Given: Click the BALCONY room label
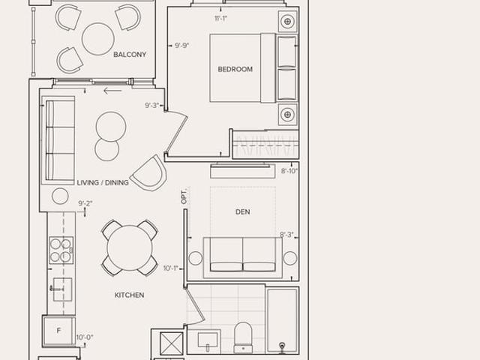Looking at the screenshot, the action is tap(130, 55).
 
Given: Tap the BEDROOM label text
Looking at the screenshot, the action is tap(235, 69).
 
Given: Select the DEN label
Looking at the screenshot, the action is tap(243, 211).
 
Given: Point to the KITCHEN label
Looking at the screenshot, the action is tap(129, 295).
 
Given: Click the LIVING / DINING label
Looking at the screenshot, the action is tap(103, 183).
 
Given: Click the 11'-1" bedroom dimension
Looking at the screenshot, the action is tap(220, 19).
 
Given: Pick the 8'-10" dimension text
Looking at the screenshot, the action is tap(289, 171).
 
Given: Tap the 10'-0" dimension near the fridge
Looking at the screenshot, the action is tap(85, 337).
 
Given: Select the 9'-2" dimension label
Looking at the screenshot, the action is tap(85, 203).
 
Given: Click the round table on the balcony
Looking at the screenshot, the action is tap(98, 39).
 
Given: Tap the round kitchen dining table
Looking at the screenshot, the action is tap(130, 248).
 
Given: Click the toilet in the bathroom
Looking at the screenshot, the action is tap(243, 337).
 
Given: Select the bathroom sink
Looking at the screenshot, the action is tap(208, 340).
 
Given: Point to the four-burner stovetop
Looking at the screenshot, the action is tap(61, 250).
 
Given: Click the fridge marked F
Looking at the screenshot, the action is tap(58, 331).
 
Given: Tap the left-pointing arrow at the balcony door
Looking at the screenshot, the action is tap(112, 91).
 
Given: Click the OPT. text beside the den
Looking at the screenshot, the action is tap(184, 196).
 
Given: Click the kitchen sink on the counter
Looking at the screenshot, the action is tap(62, 289).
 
